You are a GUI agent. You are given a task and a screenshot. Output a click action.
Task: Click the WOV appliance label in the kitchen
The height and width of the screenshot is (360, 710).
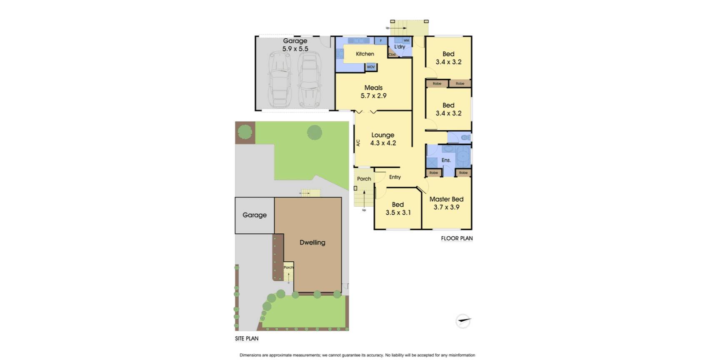(371, 67)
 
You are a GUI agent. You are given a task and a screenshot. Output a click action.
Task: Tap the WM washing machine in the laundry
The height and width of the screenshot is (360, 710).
(406, 41)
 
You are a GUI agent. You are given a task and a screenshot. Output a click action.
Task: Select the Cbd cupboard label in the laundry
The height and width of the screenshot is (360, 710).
(392, 55)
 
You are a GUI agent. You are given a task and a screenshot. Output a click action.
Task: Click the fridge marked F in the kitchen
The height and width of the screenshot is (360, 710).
(380, 41)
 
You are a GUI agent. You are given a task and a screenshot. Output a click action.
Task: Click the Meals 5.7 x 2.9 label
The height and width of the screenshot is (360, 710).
(373, 92)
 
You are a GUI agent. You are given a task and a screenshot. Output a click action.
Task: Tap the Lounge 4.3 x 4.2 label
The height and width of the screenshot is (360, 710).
(383, 139)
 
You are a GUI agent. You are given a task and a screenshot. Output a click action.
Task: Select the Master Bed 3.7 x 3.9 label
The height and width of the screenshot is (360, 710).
(446, 203)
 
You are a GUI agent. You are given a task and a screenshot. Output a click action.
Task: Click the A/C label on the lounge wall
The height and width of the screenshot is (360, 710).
(358, 142)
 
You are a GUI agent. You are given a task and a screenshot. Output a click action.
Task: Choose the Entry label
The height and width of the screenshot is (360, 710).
(395, 177)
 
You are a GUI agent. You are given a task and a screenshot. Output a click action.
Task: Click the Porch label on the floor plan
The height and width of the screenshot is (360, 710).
(364, 179)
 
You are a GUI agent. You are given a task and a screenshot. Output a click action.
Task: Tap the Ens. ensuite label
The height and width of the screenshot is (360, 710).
(446, 160)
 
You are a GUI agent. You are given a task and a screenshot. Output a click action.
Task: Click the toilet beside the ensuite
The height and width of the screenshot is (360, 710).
(465, 137)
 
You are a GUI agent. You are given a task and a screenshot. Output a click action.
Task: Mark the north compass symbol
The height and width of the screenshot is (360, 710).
(463, 321)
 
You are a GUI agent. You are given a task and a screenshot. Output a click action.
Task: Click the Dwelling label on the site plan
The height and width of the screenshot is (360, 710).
(312, 242)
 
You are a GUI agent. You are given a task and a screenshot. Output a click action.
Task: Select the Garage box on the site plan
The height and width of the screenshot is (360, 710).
(255, 215)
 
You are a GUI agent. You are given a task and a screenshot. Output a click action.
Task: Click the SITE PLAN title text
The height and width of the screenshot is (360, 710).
(247, 339)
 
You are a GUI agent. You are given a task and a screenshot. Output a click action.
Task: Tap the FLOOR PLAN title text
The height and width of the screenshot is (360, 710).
(457, 239)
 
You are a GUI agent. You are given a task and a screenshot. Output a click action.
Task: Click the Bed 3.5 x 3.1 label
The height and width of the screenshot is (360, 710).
(398, 209)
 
